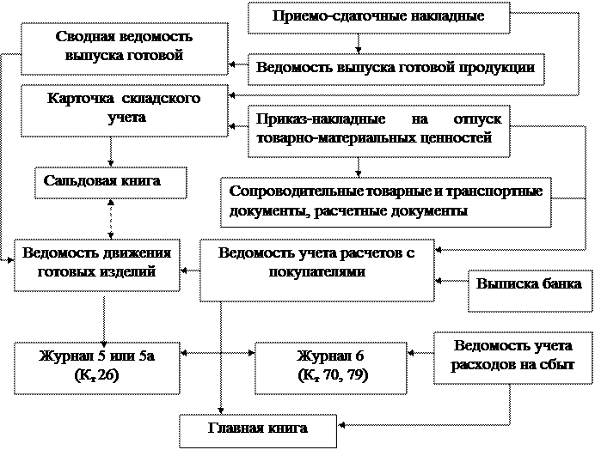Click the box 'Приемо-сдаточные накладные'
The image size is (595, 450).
pyautogui.click(x=378, y=18)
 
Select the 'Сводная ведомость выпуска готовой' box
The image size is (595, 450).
pyautogui.click(x=125, y=49)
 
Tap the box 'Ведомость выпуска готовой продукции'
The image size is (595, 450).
pyautogui.click(x=396, y=69)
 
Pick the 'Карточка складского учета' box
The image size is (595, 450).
pyautogui.click(x=125, y=111)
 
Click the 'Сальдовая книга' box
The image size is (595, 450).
pyautogui.click(x=111, y=183)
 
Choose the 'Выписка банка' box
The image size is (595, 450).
pyautogui.click(x=531, y=291)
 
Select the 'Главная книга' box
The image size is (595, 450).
pyautogui.click(x=258, y=431)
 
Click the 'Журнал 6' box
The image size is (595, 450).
pyautogui.click(x=331, y=368)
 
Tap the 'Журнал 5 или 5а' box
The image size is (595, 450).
pyautogui.click(x=97, y=368)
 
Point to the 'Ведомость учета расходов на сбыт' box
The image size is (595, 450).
pyautogui.click(x=513, y=358)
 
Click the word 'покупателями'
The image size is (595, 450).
pyautogui.click(x=317, y=272)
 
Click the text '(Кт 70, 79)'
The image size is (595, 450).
pyautogui.click(x=333, y=375)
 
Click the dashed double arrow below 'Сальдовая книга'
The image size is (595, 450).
pyautogui.click(x=111, y=219)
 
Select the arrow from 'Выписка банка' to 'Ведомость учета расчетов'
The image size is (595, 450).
pyautogui.click(x=451, y=281)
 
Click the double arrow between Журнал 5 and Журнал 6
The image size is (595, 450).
pyautogui.click(x=218, y=353)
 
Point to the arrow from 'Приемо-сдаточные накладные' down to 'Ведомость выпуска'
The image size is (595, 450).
pyautogui.click(x=359, y=44)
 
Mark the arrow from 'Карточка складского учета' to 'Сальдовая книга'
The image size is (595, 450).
pyautogui.click(x=111, y=152)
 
